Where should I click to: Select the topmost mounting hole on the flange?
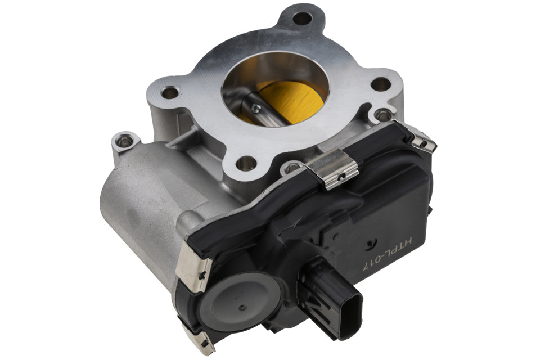click(x=302, y=19)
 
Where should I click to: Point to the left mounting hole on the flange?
click(x=169, y=92)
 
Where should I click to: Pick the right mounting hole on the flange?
click(x=381, y=84)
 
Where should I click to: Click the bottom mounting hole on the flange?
click(x=245, y=163)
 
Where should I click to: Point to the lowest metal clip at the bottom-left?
click(x=199, y=341)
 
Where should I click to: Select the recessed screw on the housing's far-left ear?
click(x=124, y=140)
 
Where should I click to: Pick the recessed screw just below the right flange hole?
click(x=383, y=115)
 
